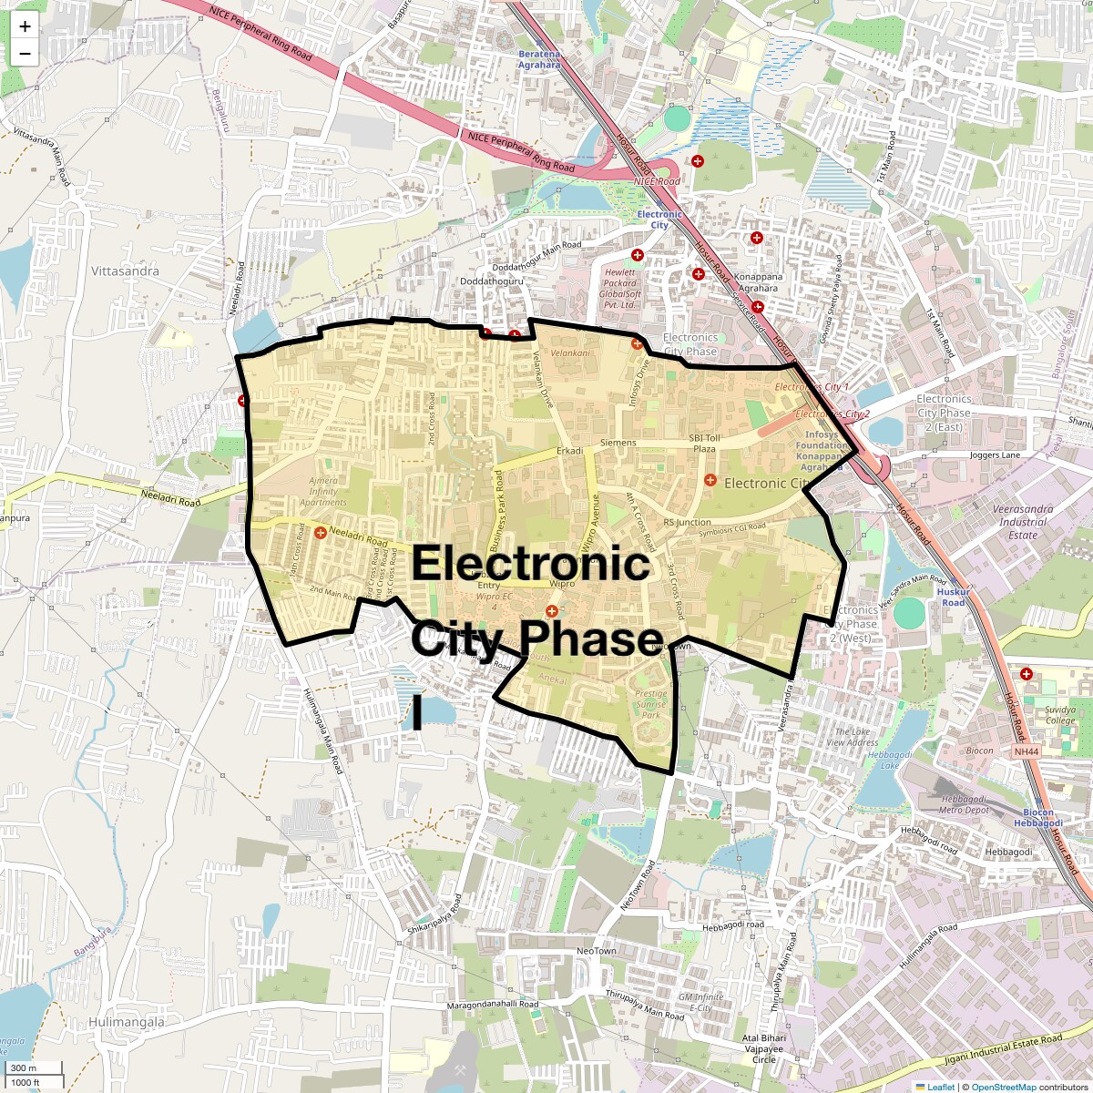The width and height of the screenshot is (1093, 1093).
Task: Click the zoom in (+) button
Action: [x=25, y=26]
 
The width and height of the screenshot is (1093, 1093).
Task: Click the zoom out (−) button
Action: [x=25, y=54]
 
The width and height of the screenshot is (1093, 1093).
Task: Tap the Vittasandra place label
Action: [x=125, y=271]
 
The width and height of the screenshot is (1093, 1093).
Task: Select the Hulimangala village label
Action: [x=127, y=1022]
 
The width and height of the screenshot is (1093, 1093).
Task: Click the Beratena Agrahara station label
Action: [x=539, y=59]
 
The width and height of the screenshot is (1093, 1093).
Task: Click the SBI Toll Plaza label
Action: [x=703, y=444]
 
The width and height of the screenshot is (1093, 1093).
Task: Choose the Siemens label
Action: [x=618, y=443]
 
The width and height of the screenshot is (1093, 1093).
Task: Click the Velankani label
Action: [x=570, y=352]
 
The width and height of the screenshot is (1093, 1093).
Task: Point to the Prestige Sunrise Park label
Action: [x=650, y=704]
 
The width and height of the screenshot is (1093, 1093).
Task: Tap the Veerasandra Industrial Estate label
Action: [x=1023, y=522]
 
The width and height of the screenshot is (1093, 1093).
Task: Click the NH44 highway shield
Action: [x=1025, y=751]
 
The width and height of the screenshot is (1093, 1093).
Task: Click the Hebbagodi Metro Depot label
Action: [x=965, y=804]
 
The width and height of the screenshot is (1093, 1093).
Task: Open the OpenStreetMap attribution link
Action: [x=1003, y=1087]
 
